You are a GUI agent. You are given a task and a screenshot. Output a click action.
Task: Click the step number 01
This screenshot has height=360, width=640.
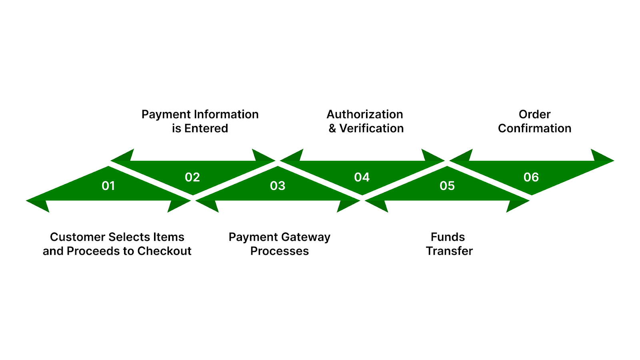108,186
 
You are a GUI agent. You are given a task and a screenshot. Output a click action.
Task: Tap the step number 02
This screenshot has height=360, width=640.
192,177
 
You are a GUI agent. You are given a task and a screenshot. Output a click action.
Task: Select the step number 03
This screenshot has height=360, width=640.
278,186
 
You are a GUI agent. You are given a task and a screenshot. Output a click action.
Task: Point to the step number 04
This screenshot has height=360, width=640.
362,177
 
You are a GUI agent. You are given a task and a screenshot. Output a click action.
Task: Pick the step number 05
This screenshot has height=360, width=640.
447,186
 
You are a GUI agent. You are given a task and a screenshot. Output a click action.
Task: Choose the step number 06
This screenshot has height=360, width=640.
531,177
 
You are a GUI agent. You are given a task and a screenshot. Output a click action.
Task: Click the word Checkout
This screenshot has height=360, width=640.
164,251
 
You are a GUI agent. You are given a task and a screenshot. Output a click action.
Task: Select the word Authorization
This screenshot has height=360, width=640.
365,114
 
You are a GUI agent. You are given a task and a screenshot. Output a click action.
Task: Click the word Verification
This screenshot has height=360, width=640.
372,128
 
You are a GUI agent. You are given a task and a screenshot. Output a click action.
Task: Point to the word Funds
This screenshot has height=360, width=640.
448,237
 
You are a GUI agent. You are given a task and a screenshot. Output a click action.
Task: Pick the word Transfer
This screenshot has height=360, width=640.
449,251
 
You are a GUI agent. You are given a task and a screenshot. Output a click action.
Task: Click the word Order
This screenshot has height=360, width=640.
534,114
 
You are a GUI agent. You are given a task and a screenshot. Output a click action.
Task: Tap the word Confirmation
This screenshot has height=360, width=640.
534,128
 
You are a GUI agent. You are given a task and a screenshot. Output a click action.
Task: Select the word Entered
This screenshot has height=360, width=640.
206,128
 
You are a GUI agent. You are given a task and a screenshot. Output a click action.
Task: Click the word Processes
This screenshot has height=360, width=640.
280,251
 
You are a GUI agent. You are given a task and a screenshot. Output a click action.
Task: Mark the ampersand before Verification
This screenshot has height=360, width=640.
332,128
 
